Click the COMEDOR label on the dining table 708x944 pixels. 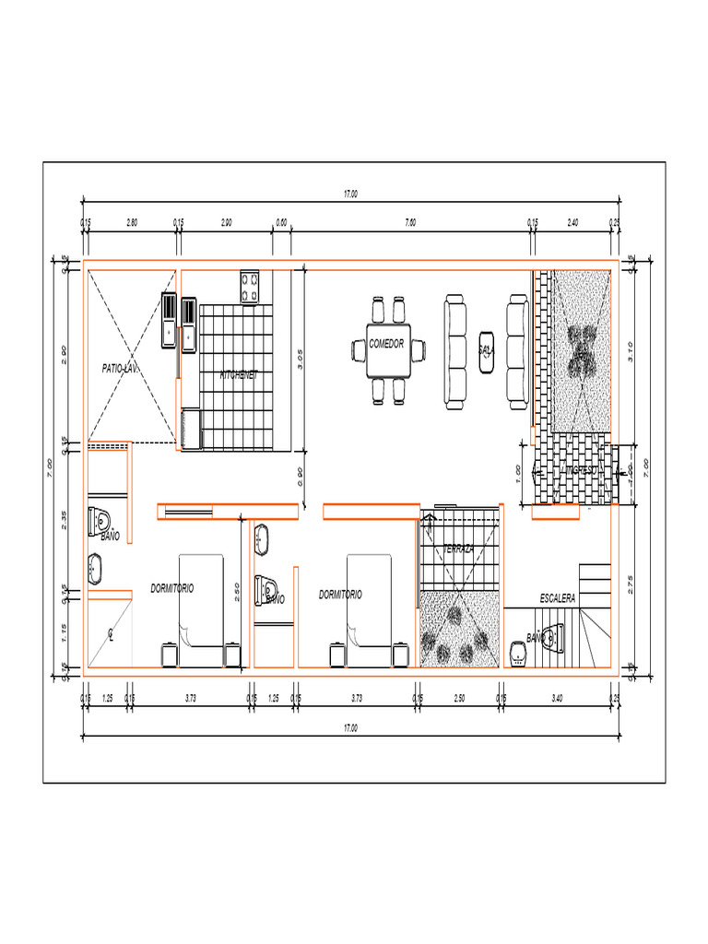click(x=386, y=343)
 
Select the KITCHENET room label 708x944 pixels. click(x=238, y=375)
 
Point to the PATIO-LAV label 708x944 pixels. click(x=120, y=368)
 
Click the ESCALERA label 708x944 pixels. click(x=557, y=598)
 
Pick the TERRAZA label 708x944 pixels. click(x=459, y=549)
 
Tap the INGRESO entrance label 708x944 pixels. click(x=582, y=470)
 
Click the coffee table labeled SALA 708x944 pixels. click(x=486, y=350)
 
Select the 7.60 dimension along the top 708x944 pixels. click(x=410, y=222)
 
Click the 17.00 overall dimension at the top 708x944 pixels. click(x=350, y=195)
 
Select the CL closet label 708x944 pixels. click(x=110, y=633)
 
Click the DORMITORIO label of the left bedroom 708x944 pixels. click(x=172, y=587)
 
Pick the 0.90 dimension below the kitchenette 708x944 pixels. click(x=300, y=477)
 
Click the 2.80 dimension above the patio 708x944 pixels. click(x=131, y=222)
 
